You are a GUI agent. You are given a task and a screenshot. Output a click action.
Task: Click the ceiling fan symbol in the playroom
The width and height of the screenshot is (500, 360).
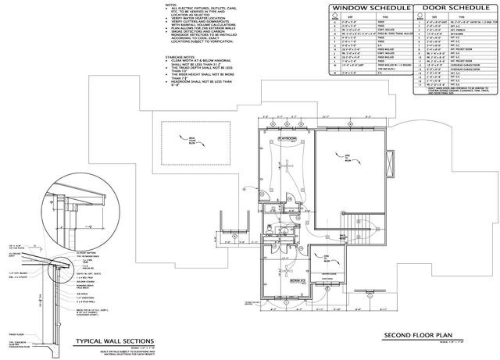[x=287, y=169]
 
